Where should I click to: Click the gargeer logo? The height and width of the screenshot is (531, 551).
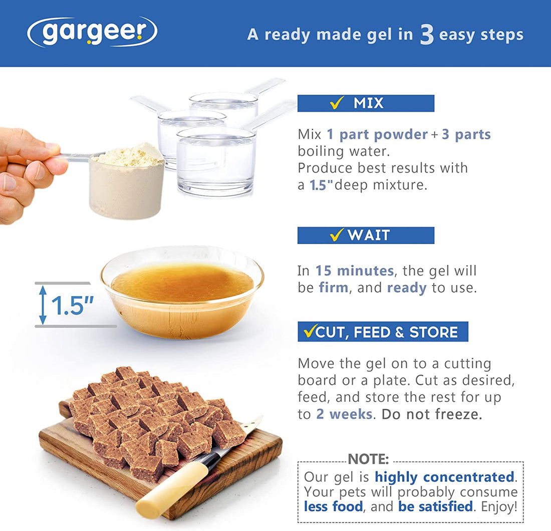(x=92, y=32)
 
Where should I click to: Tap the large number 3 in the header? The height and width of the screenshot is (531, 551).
(x=426, y=35)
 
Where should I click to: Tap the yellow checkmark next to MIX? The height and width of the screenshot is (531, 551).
(x=337, y=103)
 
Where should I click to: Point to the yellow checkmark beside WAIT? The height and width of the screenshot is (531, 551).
(x=337, y=235)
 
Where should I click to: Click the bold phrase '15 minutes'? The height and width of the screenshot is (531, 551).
(x=354, y=271)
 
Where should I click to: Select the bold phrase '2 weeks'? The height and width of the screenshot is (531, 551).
(x=344, y=414)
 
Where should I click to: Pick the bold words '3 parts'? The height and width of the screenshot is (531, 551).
(x=466, y=134)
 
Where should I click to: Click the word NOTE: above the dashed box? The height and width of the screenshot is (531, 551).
(x=368, y=459)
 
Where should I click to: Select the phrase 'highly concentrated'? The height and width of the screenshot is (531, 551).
(x=444, y=476)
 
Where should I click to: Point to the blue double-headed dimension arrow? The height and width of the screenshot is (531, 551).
(x=43, y=305)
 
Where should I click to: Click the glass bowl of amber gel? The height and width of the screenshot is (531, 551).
(x=182, y=296)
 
